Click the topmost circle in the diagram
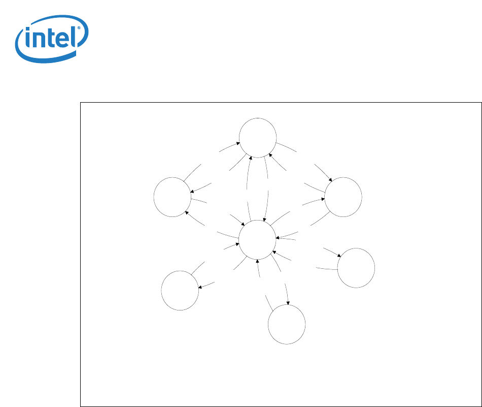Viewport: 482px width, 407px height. tap(258, 137)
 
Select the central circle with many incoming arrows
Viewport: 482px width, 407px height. tap(257, 239)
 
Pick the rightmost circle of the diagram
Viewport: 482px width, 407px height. tap(356, 268)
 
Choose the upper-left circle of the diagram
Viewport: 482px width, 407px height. tap(173, 197)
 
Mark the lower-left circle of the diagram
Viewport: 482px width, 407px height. tap(180, 290)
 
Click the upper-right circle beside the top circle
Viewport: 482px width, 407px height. tap(343, 197)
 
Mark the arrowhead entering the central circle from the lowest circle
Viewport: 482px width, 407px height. tap(258, 261)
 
